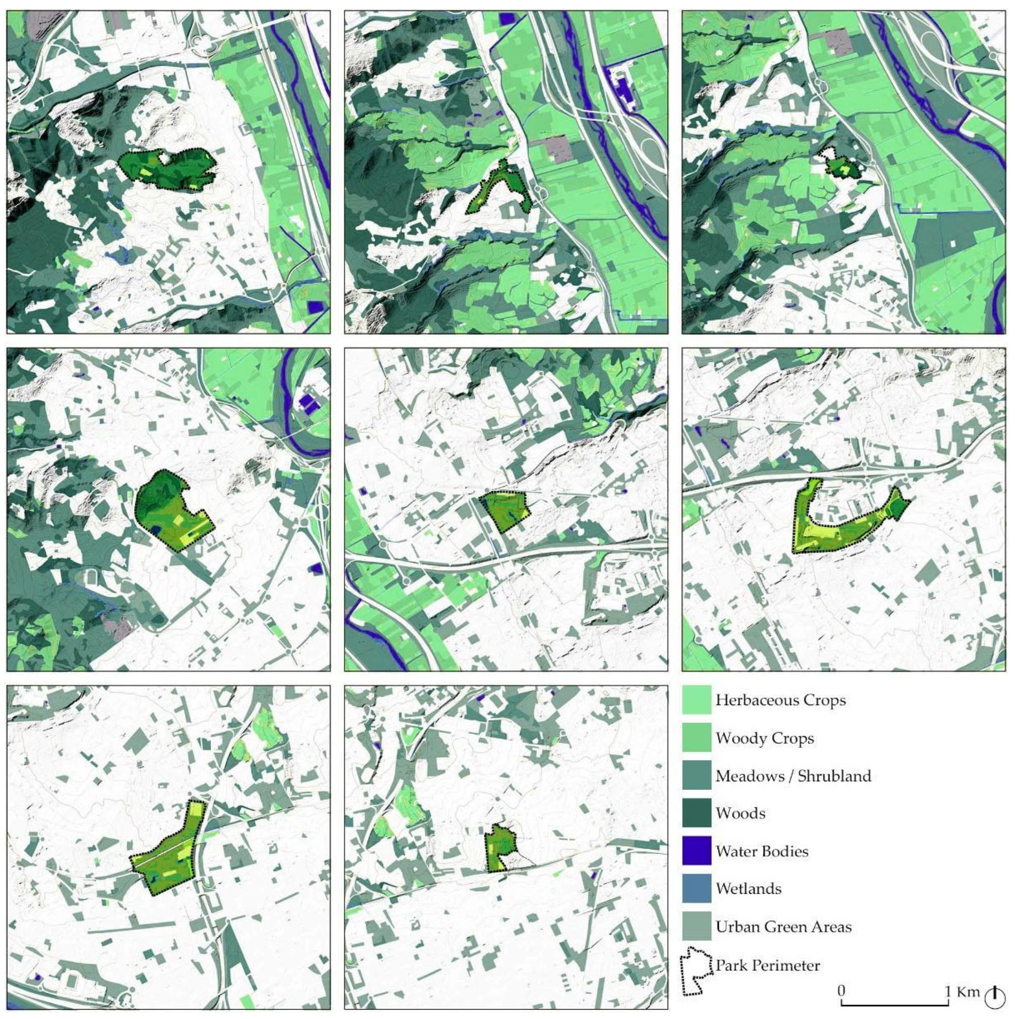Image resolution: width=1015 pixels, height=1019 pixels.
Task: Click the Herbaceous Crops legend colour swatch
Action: (x=696, y=700)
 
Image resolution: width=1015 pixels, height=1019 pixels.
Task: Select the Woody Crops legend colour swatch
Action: (x=696, y=738)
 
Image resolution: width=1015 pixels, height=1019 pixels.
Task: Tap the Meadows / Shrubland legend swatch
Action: (x=696, y=775)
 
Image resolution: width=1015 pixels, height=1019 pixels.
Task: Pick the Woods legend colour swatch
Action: (x=696, y=813)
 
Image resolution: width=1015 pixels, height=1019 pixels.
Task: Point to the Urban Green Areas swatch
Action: (x=696, y=926)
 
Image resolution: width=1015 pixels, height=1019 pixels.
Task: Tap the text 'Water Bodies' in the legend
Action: (x=762, y=851)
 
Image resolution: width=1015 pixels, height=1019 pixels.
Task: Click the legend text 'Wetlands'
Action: (x=748, y=889)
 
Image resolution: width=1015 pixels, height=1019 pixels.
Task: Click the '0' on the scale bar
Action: (x=842, y=990)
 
